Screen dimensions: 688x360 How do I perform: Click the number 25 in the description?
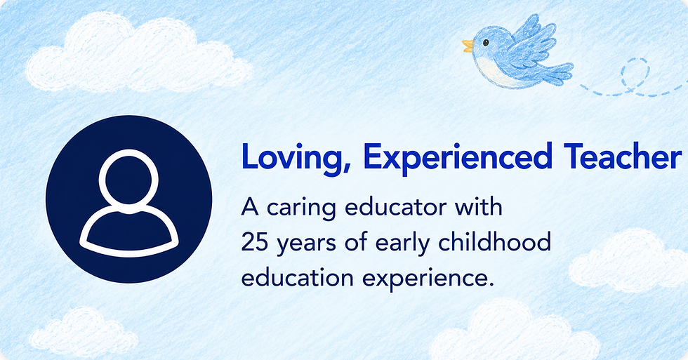[x=254, y=242]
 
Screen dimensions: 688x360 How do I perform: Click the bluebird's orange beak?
[x=468, y=46]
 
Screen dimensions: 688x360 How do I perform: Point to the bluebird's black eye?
[x=486, y=43]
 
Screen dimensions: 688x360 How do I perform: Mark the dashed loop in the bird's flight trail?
[x=635, y=74]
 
